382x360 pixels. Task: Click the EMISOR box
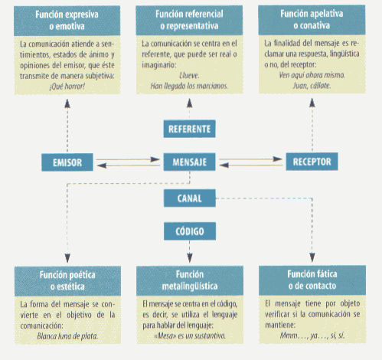pos(67,162)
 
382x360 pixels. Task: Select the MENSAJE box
pos(189,162)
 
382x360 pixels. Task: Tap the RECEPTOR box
pos(312,162)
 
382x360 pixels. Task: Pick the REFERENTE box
pos(189,129)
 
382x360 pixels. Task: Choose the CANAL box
pos(190,198)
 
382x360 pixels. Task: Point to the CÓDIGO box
pos(190,231)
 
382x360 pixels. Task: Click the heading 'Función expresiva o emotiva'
pos(67,21)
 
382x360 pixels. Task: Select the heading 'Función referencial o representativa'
pos(189,20)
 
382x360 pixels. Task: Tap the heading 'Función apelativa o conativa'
pos(312,19)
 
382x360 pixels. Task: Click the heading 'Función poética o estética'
pos(67,280)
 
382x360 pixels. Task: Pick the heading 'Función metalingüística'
pos(190,280)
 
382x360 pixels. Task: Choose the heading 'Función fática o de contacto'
pos(312,280)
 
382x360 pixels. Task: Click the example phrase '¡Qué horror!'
pos(67,87)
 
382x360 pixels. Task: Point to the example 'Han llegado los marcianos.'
pos(189,86)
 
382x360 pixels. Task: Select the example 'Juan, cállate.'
pos(312,85)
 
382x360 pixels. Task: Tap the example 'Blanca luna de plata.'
pos(67,336)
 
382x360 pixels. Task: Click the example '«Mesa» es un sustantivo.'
pos(190,335)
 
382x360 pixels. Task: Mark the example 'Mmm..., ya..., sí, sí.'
pos(312,335)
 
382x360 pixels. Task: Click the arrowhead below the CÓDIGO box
pos(190,258)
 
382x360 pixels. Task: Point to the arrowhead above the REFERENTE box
pos(189,103)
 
